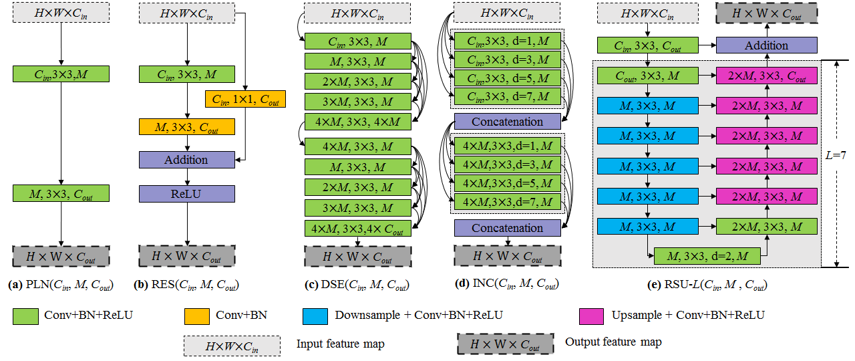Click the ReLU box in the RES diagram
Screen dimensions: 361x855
[187, 194]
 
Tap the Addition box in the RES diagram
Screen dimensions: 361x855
[187, 160]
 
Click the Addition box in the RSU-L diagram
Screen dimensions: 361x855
[767, 45]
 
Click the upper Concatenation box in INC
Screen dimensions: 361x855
[508, 122]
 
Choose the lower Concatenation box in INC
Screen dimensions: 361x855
[508, 228]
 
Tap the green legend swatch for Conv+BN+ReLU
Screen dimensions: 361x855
[25, 315]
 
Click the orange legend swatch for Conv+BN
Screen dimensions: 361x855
[197, 315]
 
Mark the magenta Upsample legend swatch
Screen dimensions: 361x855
[592, 315]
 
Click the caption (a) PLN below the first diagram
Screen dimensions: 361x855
[60, 285]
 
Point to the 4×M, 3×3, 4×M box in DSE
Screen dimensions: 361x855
[357, 122]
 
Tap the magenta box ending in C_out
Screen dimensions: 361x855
[767, 76]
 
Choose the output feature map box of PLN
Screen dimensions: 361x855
[61, 257]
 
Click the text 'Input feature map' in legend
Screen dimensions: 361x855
[341, 344]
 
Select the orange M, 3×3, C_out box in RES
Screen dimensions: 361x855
[187, 127]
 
